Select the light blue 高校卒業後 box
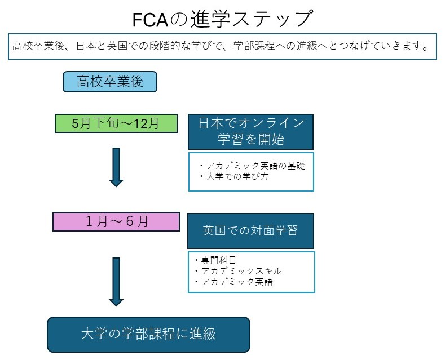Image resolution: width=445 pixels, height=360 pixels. [x=109, y=82]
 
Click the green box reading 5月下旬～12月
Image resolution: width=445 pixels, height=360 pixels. [x=116, y=123]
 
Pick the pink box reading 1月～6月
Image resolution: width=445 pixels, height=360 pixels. [x=116, y=221]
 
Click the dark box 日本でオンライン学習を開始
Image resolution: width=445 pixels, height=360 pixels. [x=250, y=131]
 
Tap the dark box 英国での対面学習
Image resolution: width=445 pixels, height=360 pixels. [x=250, y=231]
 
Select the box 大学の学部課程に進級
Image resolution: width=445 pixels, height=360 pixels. [x=148, y=334]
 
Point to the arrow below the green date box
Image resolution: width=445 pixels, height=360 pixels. [x=116, y=167]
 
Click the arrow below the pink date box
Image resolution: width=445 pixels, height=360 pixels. [x=116, y=281]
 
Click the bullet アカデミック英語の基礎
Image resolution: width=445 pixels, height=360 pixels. [x=252, y=166]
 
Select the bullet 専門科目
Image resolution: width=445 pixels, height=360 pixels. [x=215, y=260]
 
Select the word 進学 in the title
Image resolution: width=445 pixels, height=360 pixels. [x=208, y=19]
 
